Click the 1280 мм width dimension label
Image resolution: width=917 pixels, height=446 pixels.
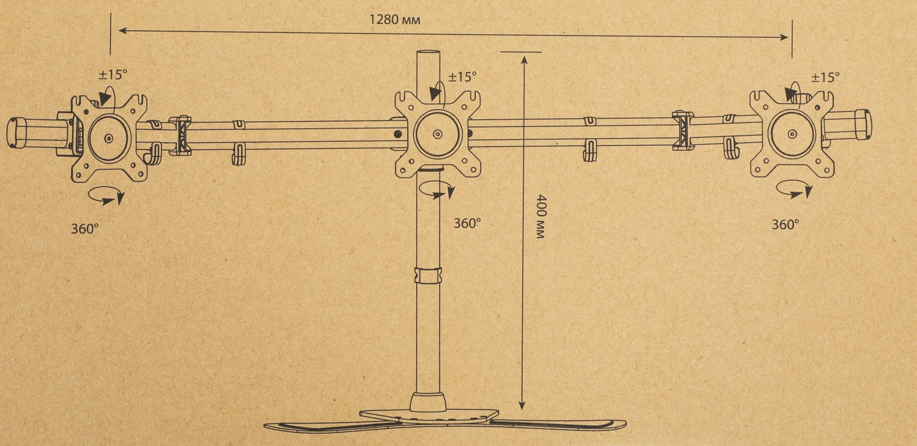point(395,20)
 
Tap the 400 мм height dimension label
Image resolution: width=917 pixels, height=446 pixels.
point(541,217)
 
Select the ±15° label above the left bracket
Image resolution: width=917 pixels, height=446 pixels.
point(113,75)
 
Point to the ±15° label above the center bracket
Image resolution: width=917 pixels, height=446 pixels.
point(463,76)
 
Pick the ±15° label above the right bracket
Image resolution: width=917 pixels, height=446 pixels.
point(826,77)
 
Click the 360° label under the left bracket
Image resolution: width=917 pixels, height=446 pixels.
point(85,228)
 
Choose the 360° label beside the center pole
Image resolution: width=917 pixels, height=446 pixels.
point(467,223)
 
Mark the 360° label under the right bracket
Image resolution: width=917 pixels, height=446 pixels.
point(785,224)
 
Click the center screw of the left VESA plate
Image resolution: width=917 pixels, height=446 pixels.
point(108,139)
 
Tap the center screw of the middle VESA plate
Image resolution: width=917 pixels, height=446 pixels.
point(437,134)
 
